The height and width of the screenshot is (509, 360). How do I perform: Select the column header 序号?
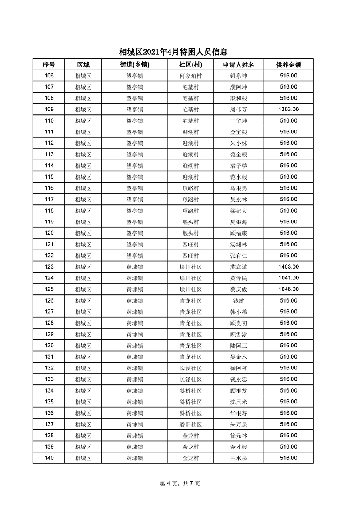pos(49,65)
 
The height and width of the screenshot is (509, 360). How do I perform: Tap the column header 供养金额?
pos(288,65)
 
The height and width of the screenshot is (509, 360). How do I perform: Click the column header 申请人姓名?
pos(238,65)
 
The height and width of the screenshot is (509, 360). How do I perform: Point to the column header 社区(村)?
pos(190,65)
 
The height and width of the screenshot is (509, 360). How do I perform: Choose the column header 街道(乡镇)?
pos(134,65)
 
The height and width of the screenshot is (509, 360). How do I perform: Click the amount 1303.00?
pos(288,110)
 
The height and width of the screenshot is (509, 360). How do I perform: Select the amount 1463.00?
pos(288,267)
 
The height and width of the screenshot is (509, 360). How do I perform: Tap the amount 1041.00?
pos(288,278)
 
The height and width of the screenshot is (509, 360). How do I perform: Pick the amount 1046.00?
pos(288,289)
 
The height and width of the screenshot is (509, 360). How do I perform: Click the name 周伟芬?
pos(238,110)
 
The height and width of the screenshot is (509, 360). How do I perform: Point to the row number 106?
pos(49,76)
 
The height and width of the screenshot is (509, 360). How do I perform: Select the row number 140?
pos(49,458)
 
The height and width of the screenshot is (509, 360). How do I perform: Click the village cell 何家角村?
pos(190,76)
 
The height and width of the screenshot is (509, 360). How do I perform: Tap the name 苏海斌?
pos(238,267)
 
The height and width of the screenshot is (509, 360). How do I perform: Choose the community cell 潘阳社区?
pos(190,424)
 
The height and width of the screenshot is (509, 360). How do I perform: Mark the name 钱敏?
pos(238,301)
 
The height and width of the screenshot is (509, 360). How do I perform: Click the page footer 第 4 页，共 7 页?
pos(180,483)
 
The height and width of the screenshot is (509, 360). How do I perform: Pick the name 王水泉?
pos(238,458)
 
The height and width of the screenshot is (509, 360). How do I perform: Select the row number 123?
pos(49,267)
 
